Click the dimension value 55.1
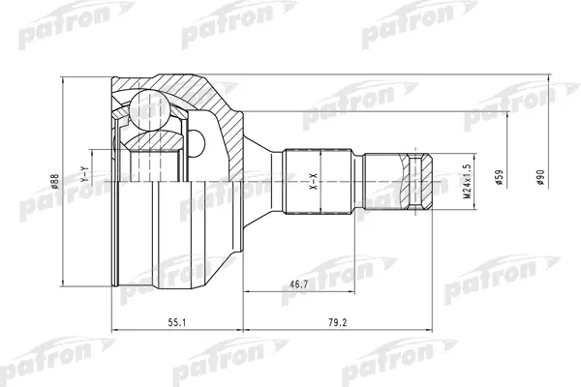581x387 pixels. (177, 322)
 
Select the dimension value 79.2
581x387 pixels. (338, 322)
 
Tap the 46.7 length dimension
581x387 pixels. (298, 284)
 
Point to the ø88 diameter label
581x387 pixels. (55, 181)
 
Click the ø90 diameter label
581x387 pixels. (540, 177)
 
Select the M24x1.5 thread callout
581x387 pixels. (467, 181)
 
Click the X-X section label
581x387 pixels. (314, 182)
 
